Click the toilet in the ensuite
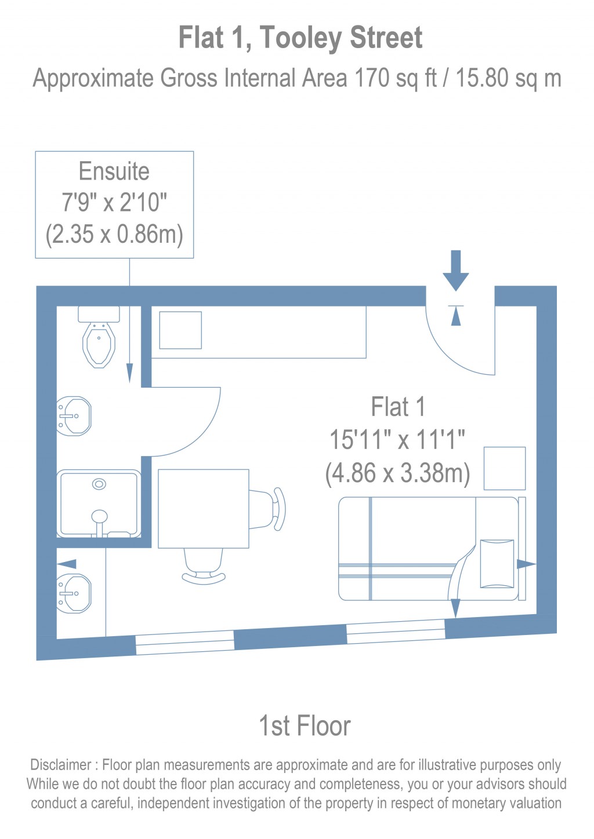coord(99,342)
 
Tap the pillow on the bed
coord(497,563)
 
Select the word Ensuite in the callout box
coord(114,172)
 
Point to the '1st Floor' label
coord(305,725)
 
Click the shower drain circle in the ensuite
coord(99,484)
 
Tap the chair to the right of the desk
coord(270,509)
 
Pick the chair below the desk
coord(204,566)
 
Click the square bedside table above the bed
coord(505,468)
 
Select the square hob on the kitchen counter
coord(180,330)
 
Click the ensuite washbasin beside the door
coord(75,415)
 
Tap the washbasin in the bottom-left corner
coord(75,593)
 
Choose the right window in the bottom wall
coord(396,632)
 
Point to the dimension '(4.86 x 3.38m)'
coord(397,473)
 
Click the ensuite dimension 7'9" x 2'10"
coord(114,203)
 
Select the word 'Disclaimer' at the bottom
coord(61,765)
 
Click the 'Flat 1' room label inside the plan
coord(398,407)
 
